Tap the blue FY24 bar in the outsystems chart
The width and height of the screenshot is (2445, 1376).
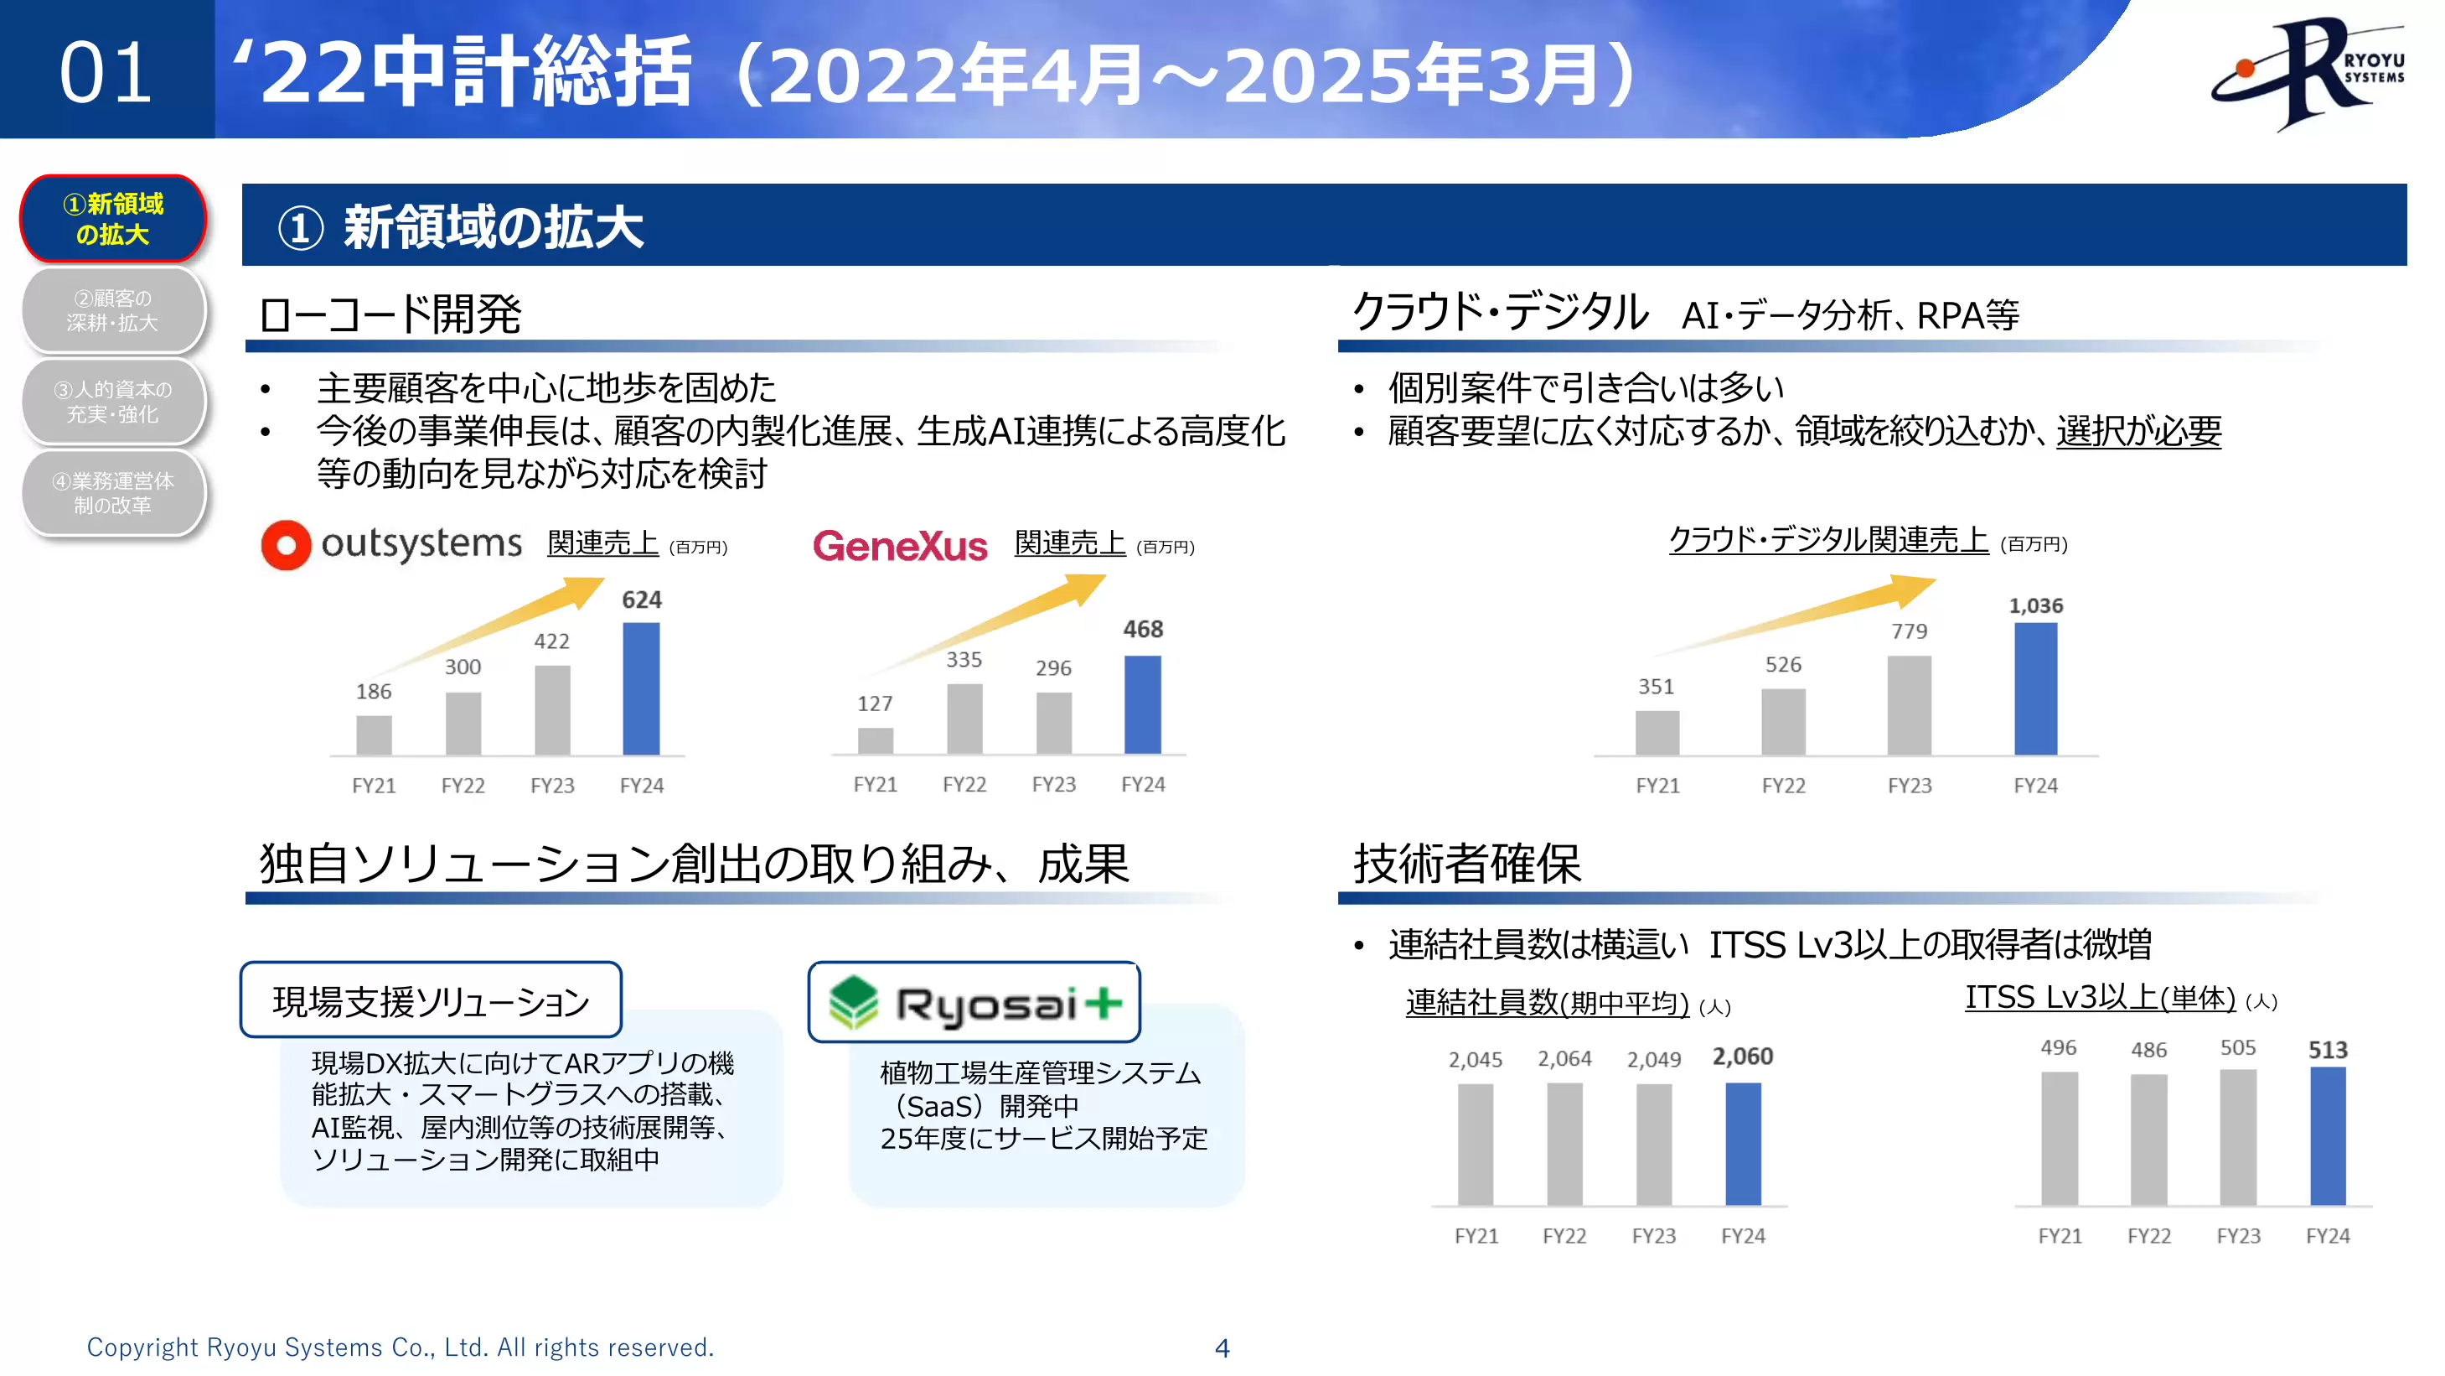point(641,688)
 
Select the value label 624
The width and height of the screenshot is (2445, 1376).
point(642,600)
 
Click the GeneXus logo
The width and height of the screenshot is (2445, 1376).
point(900,546)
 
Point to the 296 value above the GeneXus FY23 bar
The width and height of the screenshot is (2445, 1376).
point(1052,668)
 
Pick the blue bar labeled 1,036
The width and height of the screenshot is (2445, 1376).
point(2035,688)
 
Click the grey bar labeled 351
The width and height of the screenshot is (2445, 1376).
point(1657,732)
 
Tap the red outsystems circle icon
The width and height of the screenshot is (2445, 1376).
point(286,545)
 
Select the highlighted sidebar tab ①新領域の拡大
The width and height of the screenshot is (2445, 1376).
point(113,220)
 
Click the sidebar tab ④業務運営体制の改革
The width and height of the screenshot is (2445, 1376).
point(113,494)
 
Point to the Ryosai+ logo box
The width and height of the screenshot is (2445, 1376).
point(974,1003)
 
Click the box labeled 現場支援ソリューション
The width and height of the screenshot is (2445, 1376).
point(431,1001)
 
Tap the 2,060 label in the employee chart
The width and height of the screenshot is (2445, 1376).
point(1743,1057)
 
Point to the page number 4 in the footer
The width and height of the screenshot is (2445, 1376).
point(1222,1347)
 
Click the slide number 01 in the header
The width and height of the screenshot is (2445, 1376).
point(106,73)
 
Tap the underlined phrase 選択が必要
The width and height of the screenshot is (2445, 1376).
point(2137,432)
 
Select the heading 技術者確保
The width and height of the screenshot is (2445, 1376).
point(1466,865)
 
